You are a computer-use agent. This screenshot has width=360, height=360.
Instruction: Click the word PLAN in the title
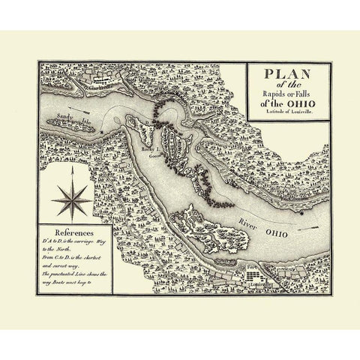point(288,76)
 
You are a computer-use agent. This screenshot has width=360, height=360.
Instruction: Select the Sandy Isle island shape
point(72,127)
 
